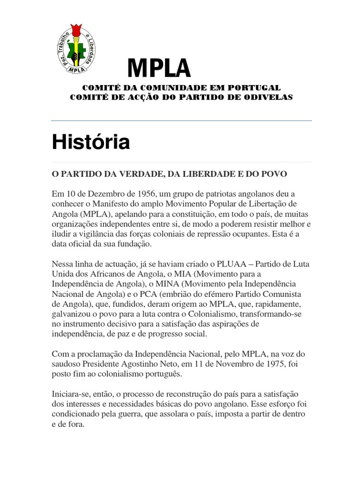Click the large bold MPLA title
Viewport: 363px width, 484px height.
click(159, 69)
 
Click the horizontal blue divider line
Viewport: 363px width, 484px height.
click(181, 121)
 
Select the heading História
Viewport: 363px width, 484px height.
click(91, 142)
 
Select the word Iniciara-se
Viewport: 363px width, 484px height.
click(72, 394)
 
